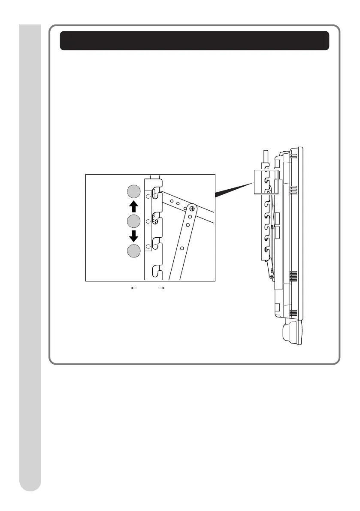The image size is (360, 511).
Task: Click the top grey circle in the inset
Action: tap(134, 191)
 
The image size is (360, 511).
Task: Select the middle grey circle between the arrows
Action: tap(134, 221)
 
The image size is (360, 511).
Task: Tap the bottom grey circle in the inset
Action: tap(134, 251)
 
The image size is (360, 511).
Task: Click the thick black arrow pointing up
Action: tap(134, 207)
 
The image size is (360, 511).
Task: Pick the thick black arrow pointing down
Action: tap(134, 236)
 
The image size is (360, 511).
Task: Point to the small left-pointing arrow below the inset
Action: tap(134, 289)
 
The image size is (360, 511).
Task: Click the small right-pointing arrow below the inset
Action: tap(161, 289)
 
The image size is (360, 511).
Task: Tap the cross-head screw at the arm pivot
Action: tap(192, 209)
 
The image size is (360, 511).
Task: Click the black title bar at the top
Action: tap(194, 41)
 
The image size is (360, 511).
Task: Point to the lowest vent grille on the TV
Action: tap(293, 312)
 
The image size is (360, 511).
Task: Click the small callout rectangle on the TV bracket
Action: tap(266, 181)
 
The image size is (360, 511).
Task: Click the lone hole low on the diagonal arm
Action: tap(182, 248)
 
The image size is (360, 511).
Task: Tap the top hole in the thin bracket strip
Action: tap(148, 196)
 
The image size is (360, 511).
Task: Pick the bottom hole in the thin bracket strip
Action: tap(148, 246)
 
